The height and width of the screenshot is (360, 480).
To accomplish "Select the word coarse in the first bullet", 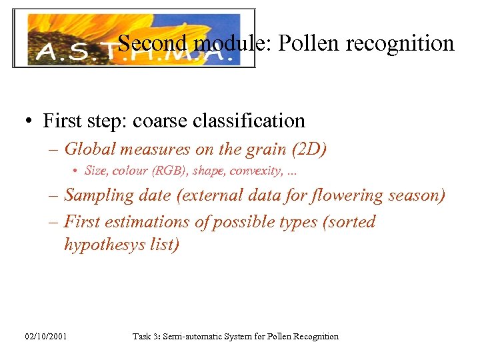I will (160, 121).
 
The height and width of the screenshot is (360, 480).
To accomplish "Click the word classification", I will (250, 121).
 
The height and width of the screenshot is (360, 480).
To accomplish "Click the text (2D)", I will (307, 149).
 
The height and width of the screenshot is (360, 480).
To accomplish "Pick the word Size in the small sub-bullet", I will (96, 171).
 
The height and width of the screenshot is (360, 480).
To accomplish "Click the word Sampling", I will (97, 196).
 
